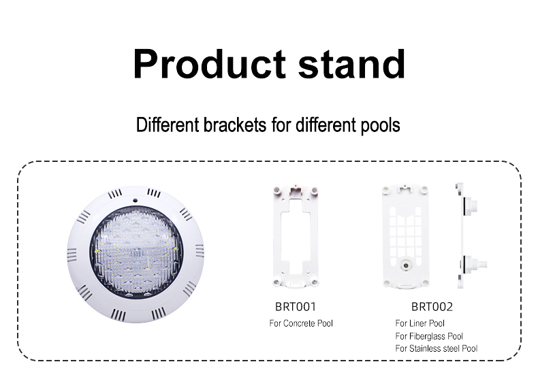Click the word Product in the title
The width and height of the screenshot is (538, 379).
209,64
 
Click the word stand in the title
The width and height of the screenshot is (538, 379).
351,64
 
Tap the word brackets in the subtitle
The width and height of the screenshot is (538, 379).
235,125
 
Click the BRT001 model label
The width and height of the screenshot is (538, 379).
296,307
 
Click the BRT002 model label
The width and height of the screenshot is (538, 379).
432,307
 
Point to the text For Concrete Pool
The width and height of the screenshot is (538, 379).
301,323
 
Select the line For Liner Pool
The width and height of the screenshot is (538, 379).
420,323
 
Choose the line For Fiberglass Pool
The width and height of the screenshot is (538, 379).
429,336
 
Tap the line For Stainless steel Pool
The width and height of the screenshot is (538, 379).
436,348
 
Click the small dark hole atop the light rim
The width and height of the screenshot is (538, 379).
136,200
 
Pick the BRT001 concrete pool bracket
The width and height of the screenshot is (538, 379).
296,236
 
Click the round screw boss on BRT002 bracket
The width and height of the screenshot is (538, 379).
406,265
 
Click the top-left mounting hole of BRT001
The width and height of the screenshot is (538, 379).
276,189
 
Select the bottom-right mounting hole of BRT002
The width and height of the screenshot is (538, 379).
426,283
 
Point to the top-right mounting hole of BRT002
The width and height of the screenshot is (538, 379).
425,189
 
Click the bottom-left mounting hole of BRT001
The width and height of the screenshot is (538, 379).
276,282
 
